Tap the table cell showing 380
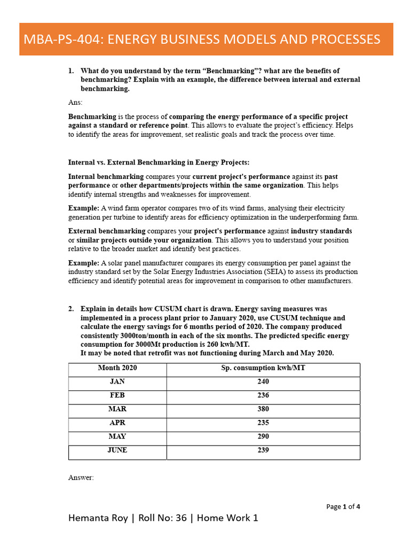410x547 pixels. pyautogui.click(x=263, y=409)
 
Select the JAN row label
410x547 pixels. pyautogui.click(x=117, y=381)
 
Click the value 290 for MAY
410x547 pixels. pyautogui.click(x=263, y=436)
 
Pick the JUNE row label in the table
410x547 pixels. pyautogui.click(x=117, y=450)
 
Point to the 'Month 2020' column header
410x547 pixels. pyautogui.click(x=117, y=368)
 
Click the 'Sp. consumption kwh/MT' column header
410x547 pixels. pyautogui.click(x=263, y=368)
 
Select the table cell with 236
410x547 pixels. pyautogui.click(x=263, y=395)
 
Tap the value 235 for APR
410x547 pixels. pyautogui.click(x=263, y=423)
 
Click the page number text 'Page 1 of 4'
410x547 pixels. pyautogui.click(x=343, y=507)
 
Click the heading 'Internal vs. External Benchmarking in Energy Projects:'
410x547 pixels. pyautogui.click(x=159, y=162)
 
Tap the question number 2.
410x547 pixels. pyautogui.click(x=70, y=309)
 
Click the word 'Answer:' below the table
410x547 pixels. pyautogui.click(x=81, y=478)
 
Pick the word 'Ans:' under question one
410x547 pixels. pyautogui.click(x=75, y=102)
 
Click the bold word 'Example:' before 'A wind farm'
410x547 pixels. pyautogui.click(x=84, y=208)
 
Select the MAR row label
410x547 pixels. pyautogui.click(x=117, y=409)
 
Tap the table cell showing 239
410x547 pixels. pyautogui.click(x=263, y=450)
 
